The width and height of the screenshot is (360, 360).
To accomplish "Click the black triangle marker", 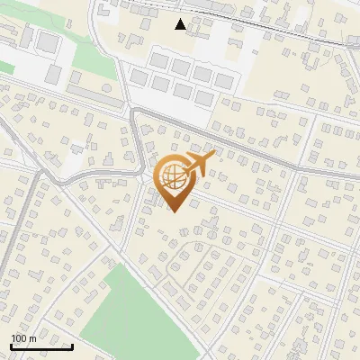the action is (x=181, y=24).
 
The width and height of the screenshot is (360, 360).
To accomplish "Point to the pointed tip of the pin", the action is (x=172, y=211).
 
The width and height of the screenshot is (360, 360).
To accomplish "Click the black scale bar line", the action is (x=41, y=346).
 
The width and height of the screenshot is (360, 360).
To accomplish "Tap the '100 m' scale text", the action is (x=24, y=338).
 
